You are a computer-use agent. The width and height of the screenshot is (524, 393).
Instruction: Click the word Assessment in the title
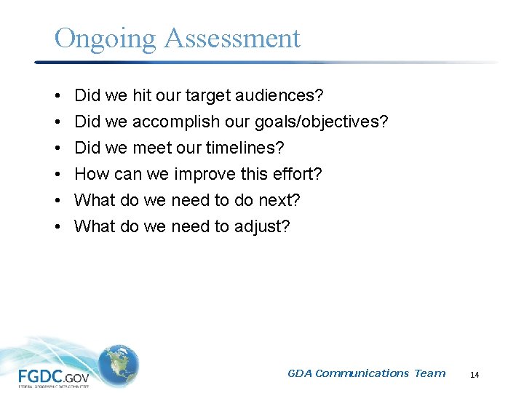[x=232, y=38]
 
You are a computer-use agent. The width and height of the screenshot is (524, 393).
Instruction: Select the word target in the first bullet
[x=209, y=95]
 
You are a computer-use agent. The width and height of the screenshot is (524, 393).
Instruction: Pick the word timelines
[x=245, y=148]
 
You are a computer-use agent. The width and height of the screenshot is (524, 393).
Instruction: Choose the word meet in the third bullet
[x=150, y=148]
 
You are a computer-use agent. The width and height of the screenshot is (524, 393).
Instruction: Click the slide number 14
[x=475, y=375]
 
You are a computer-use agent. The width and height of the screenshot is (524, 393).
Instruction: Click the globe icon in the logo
[x=118, y=364]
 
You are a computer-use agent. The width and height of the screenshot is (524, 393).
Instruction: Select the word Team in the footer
[x=429, y=373]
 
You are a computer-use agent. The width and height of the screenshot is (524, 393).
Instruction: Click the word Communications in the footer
[x=362, y=373]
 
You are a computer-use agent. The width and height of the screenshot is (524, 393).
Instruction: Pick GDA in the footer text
[x=300, y=373]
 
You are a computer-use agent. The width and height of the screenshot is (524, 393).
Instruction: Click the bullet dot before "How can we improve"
[x=57, y=175]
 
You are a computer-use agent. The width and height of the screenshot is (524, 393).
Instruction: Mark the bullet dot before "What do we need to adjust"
[x=57, y=227]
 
